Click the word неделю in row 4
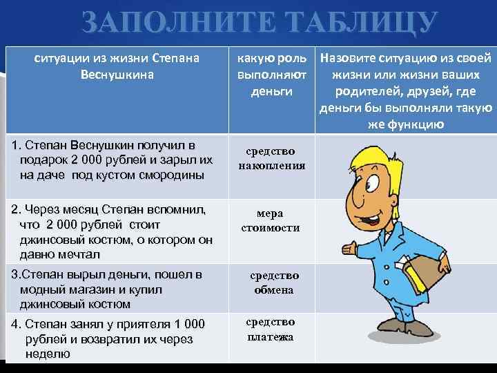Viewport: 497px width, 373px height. [x=48, y=354]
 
